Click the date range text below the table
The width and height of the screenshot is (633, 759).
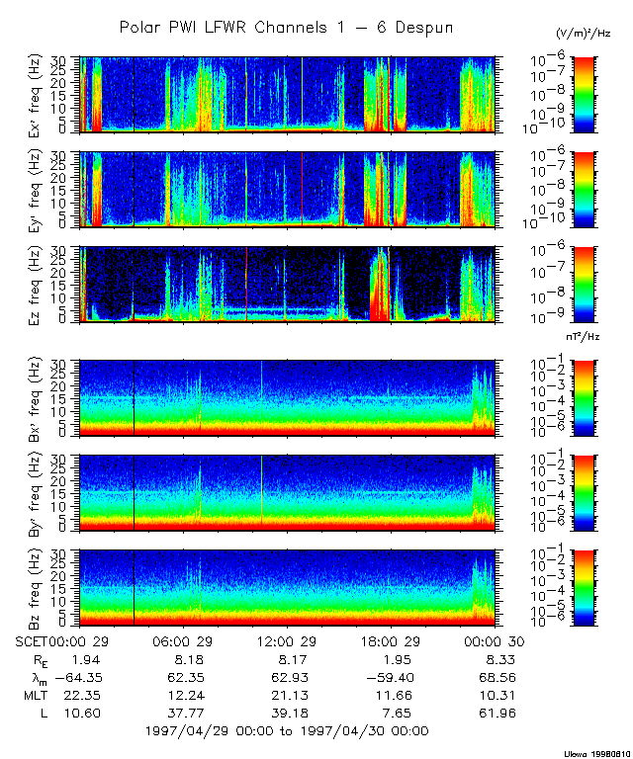[x=286, y=731]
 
